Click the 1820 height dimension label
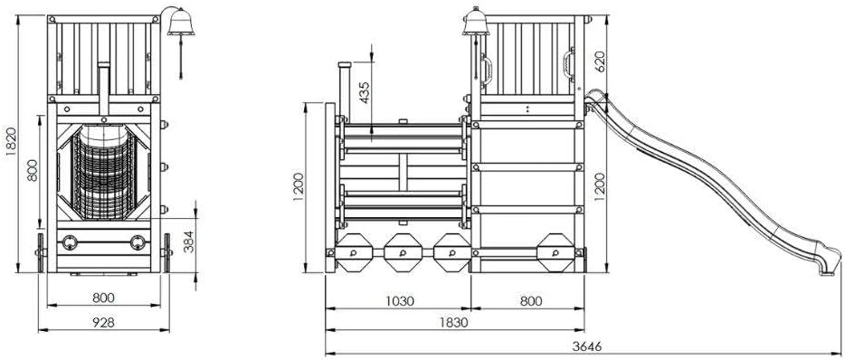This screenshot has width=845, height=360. pos(12,141)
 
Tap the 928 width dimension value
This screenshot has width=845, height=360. pos(103,322)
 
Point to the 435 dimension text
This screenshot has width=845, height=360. pos(365,92)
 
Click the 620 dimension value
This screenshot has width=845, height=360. pos(600,61)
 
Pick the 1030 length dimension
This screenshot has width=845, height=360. pos(399,300)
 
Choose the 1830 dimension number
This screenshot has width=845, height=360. pos(453,322)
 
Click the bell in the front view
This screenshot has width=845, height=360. pos(181,24)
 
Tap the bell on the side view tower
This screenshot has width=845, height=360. pos(475,23)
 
